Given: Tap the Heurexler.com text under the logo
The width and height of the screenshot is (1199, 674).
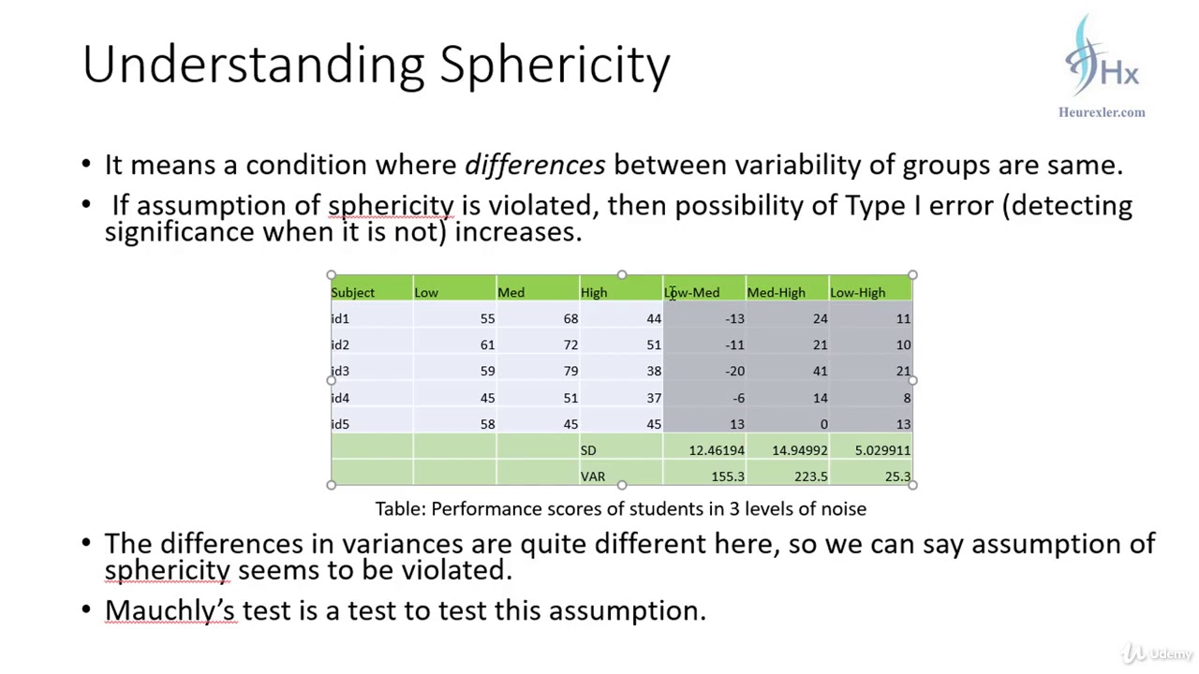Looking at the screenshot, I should pyautogui.click(x=1102, y=112).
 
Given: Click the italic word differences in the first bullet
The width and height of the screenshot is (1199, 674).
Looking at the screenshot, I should pyautogui.click(x=535, y=166).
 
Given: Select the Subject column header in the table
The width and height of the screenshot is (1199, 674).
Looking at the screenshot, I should pyautogui.click(x=352, y=293).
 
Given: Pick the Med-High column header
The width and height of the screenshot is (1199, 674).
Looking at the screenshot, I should pyautogui.click(x=776, y=293).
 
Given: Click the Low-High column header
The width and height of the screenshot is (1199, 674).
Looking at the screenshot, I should pyautogui.click(x=857, y=293).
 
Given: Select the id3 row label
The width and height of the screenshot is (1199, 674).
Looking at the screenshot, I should pyautogui.click(x=340, y=372).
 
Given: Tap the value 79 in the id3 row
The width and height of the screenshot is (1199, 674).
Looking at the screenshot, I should pyautogui.click(x=570, y=372).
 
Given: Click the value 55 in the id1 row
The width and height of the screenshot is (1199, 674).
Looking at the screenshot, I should pyautogui.click(x=487, y=319).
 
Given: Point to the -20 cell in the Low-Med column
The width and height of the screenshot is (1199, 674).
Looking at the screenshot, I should pyautogui.click(x=734, y=372).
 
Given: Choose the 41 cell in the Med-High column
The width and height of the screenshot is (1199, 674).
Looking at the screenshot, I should pyautogui.click(x=820, y=372).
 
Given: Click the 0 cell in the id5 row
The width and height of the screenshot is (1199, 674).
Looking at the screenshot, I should pyautogui.click(x=823, y=424).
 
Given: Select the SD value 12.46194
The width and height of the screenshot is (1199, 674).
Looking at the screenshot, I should pyautogui.click(x=717, y=450).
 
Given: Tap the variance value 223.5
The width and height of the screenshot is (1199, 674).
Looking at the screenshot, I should pyautogui.click(x=810, y=476).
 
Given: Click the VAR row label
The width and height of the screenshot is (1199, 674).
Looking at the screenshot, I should pyautogui.click(x=592, y=476).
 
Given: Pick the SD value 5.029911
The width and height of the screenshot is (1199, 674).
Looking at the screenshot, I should pyautogui.click(x=882, y=450).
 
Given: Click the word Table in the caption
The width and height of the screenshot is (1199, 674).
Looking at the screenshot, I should pyautogui.click(x=400, y=509).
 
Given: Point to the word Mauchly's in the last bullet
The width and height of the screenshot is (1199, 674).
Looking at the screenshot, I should pyautogui.click(x=170, y=610).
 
